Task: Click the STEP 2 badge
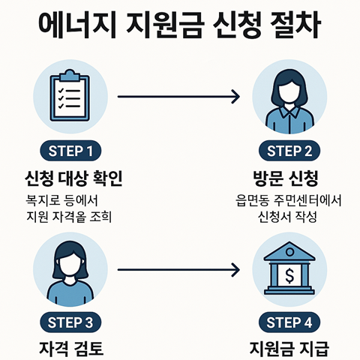289,151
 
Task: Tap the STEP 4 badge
289,323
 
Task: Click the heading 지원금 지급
289,349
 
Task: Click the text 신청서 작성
289,218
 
